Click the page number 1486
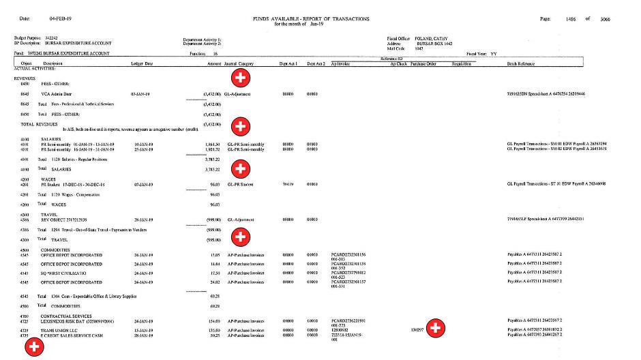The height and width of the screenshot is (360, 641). click(x=571, y=19)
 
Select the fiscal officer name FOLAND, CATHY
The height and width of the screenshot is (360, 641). click(x=432, y=38)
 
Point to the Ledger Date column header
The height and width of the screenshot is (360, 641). click(x=142, y=63)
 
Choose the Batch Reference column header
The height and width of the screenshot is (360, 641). click(x=521, y=63)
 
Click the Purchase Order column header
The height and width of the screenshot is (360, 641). click(x=423, y=63)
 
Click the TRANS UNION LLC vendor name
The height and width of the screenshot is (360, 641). click(x=60, y=329)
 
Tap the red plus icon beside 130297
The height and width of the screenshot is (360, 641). click(x=434, y=329)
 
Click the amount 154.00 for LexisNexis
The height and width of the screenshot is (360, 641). click(x=213, y=320)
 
